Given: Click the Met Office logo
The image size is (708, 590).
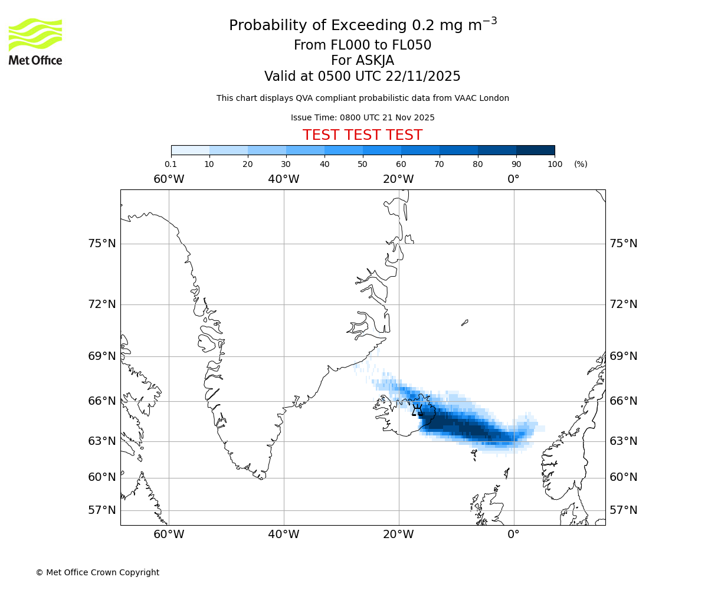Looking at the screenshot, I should pos(35,41).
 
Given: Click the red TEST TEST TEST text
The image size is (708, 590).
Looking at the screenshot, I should pos(362,135).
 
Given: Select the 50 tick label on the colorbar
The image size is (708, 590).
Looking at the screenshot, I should pos(362,164).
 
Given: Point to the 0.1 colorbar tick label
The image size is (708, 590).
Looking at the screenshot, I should pos(171,164).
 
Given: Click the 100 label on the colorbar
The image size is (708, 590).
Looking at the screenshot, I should pos(555,164).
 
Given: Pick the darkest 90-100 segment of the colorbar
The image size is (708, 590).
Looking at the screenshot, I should pos(535,150).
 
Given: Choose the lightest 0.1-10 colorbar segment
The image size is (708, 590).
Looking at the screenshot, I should pos(190,150).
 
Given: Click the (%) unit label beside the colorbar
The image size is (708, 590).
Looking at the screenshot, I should pos(581,164).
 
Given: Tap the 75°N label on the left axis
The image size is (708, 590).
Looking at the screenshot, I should pos(102,244).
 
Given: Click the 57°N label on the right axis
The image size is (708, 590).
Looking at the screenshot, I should pos(624,510).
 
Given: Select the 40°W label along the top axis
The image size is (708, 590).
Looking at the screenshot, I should pos(283,179).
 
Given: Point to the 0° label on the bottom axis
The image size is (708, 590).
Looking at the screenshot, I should pos(513,535).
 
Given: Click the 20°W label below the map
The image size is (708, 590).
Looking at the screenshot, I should pos(398,535).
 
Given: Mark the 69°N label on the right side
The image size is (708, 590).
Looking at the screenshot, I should pos(624,356).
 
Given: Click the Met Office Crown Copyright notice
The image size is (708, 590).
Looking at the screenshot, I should pos(97,572).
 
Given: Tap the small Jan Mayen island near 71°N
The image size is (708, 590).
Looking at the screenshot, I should pos(465,323).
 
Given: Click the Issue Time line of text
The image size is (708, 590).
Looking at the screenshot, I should pos(362,117).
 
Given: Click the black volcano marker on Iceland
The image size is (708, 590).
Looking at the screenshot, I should pos(417,409).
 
